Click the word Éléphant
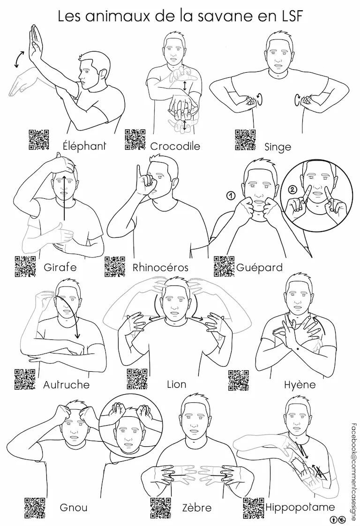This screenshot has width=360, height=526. [84, 146]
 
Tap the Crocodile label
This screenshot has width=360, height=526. [175, 146]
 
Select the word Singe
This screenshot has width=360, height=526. [277, 147]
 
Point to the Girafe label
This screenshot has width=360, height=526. [60, 267]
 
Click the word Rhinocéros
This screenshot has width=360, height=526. [160, 268]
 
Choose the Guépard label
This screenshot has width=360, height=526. [259, 268]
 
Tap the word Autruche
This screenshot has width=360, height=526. [67, 384]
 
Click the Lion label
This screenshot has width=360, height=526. [176, 384]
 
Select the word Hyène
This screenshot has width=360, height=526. [300, 384]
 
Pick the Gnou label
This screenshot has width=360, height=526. [74, 507]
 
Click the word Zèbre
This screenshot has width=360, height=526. [197, 508]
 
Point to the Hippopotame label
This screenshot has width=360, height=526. [300, 507]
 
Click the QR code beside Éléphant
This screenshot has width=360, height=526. [38, 140]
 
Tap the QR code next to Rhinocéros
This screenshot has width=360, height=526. [115, 267]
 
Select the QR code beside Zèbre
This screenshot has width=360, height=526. [160, 508]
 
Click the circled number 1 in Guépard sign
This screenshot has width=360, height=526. [231, 195]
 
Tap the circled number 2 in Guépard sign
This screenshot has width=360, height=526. [292, 189]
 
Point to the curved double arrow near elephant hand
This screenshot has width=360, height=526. [19, 59]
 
